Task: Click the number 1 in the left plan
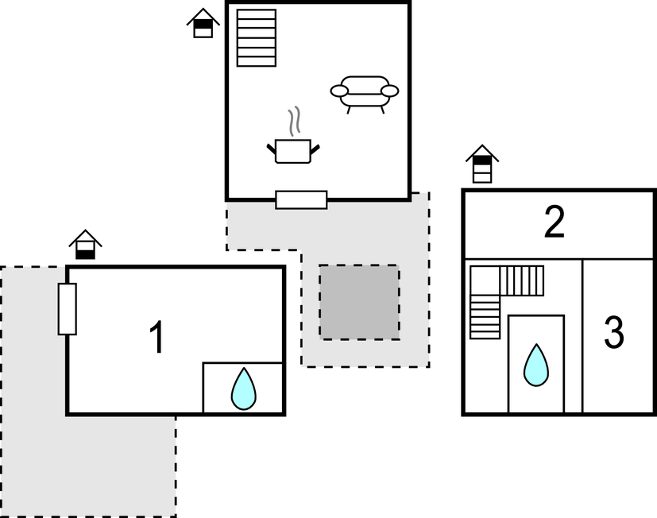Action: [x=157, y=338]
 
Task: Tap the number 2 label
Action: [x=555, y=223]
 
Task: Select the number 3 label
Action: [x=613, y=334]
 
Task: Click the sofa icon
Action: [x=365, y=92]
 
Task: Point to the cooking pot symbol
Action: [x=293, y=149]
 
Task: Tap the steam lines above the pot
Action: [x=296, y=121]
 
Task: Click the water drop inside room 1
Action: [x=243, y=389]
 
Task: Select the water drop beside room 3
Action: [x=536, y=365]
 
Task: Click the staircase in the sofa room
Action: [x=257, y=38]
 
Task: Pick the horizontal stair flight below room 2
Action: [x=522, y=280]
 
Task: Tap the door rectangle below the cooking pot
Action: [x=301, y=199]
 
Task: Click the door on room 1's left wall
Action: [x=67, y=308]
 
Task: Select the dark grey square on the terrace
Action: [x=359, y=302]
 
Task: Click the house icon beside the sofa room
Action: [x=203, y=23]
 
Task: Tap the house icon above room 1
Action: [x=85, y=245]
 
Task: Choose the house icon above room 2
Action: [x=482, y=164]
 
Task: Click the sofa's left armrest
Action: [x=339, y=91]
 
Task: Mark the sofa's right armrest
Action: [x=389, y=91]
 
